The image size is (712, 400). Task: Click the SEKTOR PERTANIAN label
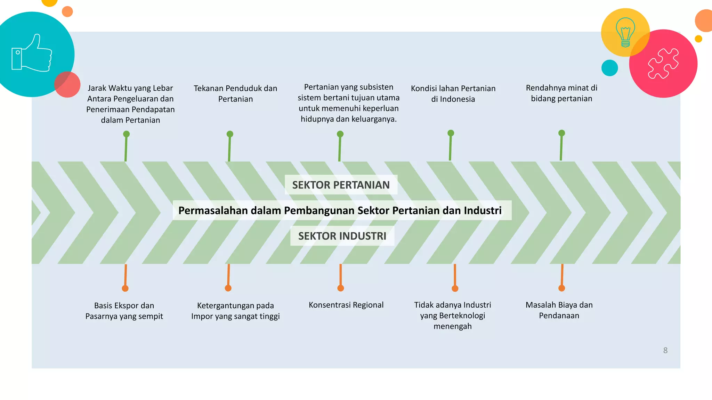pos(341,185)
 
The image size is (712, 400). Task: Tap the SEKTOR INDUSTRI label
pos(342,236)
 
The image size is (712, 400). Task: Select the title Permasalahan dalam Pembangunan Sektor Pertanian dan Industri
pos(340,210)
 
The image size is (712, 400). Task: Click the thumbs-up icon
pos(32,53)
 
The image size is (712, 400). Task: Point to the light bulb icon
pos(625,32)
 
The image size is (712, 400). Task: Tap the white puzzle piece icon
pos(663,63)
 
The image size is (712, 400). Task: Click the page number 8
pos(665,350)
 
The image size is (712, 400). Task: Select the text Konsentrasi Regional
pos(346,305)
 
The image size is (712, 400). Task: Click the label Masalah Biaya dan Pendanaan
pos(559,310)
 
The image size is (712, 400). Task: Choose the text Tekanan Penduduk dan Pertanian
pos(235,93)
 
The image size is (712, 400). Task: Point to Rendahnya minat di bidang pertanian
pos(561,93)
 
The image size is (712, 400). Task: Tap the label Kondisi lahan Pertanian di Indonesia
pos(453,93)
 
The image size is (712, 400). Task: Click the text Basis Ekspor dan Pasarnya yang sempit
pos(124,311)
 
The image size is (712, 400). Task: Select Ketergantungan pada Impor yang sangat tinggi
pos(235,311)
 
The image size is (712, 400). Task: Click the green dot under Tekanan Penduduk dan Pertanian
pos(230,134)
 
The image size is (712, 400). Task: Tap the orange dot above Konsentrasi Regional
pos(341,288)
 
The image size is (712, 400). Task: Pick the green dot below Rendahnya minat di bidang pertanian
pos(561,133)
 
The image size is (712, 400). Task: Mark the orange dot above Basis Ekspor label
pos(125,288)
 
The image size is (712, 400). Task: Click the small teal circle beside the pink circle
pos(609,68)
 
